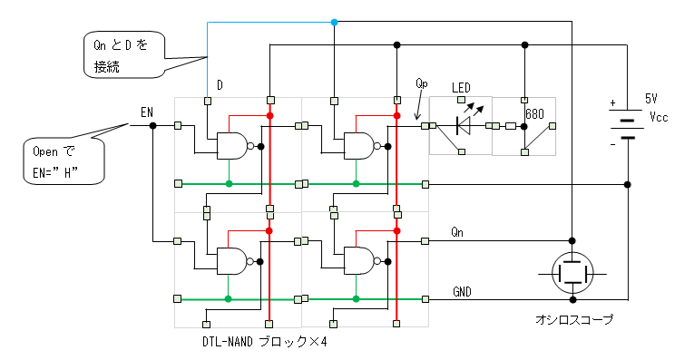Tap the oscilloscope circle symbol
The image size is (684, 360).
572,274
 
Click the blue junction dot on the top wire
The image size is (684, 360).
334,22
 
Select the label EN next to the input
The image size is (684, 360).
147,112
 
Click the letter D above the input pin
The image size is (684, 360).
220,85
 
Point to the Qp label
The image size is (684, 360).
422,83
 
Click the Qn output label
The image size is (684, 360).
457,232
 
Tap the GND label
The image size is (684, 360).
462,292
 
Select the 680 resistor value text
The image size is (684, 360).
535,114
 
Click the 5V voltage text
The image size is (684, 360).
650,99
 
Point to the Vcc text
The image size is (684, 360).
659,117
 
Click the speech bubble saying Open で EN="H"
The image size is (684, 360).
64,161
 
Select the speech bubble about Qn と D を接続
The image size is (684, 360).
123,55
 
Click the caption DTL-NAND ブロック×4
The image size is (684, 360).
264,341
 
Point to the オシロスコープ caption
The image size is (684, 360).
574,319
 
